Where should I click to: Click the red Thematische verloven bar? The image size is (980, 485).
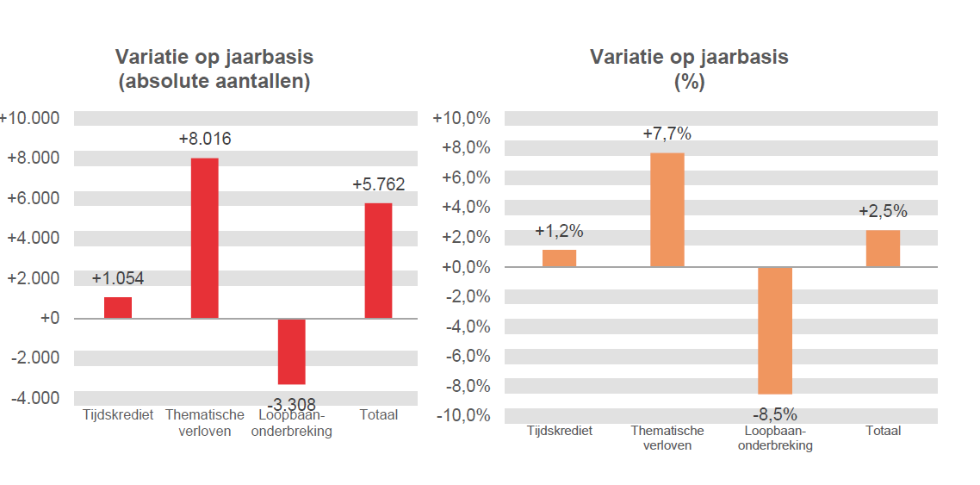(x=204, y=238)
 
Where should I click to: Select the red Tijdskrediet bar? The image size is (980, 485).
(x=118, y=308)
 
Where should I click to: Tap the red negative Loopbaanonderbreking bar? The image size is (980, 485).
(x=291, y=351)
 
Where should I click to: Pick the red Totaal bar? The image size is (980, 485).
(x=378, y=260)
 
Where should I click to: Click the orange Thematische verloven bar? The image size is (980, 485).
(x=667, y=209)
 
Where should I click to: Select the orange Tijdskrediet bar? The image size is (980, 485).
(x=559, y=258)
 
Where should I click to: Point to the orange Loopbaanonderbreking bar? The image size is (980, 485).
(x=775, y=330)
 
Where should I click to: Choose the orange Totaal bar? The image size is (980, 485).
(x=883, y=248)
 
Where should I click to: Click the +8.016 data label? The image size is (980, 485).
(x=204, y=139)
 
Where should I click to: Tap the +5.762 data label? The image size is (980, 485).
(x=378, y=184)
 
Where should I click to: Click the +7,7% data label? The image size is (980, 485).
(x=667, y=134)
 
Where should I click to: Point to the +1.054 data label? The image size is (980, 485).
(x=118, y=278)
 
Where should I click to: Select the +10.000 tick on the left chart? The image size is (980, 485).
(x=30, y=118)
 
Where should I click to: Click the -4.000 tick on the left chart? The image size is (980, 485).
(x=34, y=398)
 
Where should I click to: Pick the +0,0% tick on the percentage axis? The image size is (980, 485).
(x=463, y=267)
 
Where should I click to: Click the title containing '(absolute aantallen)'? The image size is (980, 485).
(x=214, y=82)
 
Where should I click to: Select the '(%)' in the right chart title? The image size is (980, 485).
(x=689, y=82)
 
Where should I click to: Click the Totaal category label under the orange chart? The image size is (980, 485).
(x=883, y=431)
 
